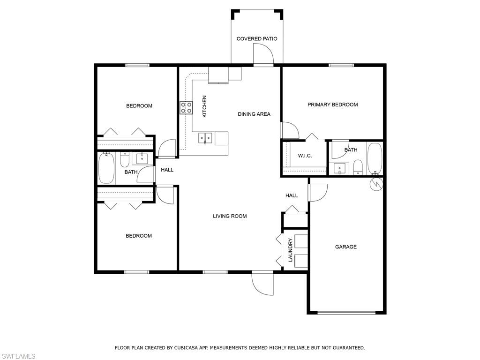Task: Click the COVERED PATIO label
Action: tap(257, 39)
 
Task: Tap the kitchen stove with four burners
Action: tap(186, 107)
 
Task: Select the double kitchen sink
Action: tap(205, 138)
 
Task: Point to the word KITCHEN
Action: tap(204, 106)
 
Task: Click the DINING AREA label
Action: tap(254, 114)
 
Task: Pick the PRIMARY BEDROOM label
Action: tap(333, 105)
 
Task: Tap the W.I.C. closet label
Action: tap(305, 156)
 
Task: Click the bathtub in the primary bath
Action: tap(375, 159)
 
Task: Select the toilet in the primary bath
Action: tap(358, 167)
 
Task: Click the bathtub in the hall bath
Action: tap(106, 168)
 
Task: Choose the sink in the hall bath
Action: tap(142, 159)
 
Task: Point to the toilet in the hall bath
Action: tap(125, 159)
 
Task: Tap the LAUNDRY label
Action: tap(291, 250)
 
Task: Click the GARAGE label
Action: tap(346, 247)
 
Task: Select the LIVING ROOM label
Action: tap(230, 216)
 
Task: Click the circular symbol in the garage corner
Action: tap(376, 184)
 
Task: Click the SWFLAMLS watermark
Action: tap(18, 356)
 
